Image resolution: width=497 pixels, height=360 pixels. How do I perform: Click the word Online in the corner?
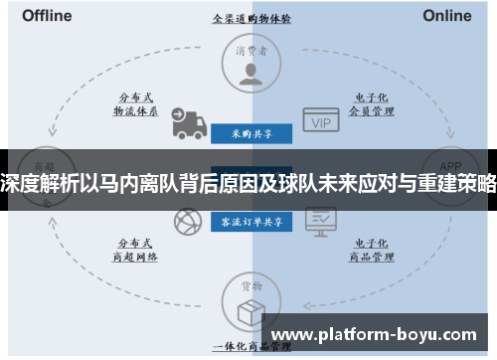point(447,16)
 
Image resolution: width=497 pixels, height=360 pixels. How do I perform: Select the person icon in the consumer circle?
point(250,73)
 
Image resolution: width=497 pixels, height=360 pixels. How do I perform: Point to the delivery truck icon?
point(187,122)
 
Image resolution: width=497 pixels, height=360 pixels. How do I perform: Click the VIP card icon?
point(320,122)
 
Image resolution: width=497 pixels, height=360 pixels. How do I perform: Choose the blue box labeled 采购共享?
point(250,132)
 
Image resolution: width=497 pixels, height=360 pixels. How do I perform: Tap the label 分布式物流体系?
point(136,105)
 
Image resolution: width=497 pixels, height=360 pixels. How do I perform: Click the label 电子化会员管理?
point(364,105)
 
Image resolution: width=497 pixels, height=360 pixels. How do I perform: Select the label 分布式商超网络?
point(136,249)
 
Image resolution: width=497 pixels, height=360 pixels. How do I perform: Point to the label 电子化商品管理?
point(364,249)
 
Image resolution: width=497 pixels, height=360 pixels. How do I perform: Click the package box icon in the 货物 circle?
point(250,309)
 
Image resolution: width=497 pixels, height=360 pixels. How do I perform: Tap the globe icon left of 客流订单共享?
point(186,221)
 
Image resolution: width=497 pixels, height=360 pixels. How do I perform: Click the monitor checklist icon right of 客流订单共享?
point(320,219)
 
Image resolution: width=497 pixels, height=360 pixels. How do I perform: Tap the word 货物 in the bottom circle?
point(250,287)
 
